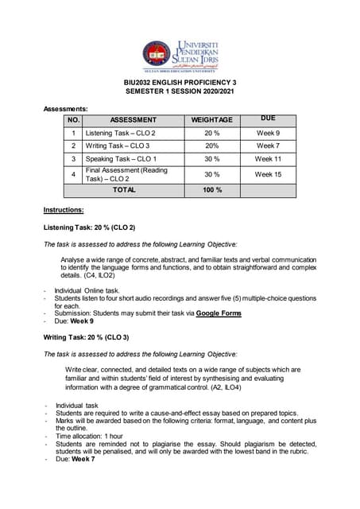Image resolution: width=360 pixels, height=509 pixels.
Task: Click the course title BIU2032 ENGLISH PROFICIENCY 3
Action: click(180, 83)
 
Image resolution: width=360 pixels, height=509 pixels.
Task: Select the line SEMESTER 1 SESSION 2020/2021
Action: click(180, 93)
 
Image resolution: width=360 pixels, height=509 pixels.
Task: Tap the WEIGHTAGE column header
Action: click(211, 119)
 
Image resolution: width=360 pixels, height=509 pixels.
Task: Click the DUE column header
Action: click(268, 118)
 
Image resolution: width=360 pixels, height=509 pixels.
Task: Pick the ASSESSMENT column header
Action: click(133, 119)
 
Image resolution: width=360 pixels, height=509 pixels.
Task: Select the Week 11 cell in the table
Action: click(268, 159)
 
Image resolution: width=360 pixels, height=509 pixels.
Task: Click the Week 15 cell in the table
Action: click(268, 174)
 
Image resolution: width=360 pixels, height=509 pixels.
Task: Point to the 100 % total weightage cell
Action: click(211, 191)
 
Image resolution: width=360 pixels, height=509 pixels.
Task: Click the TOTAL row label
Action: click(124, 191)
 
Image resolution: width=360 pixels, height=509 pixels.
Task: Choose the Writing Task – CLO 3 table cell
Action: click(118, 146)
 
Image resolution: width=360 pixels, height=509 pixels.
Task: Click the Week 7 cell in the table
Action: click(268, 146)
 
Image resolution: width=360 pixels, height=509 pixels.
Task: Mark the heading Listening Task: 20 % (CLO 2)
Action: click(89, 227)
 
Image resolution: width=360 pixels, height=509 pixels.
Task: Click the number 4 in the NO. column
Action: click(73, 174)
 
